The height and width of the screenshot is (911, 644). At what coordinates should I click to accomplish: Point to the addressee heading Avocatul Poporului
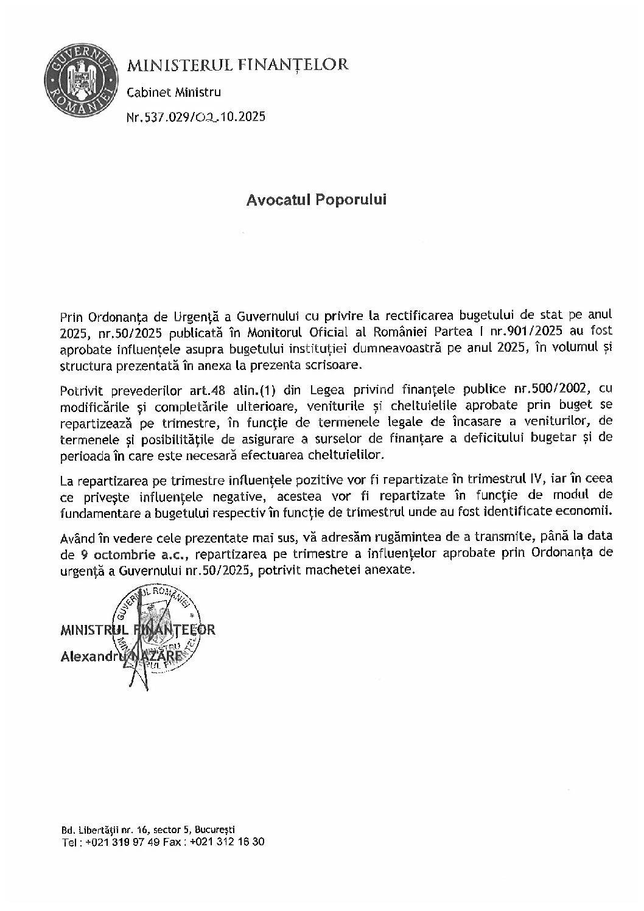[317, 200]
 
